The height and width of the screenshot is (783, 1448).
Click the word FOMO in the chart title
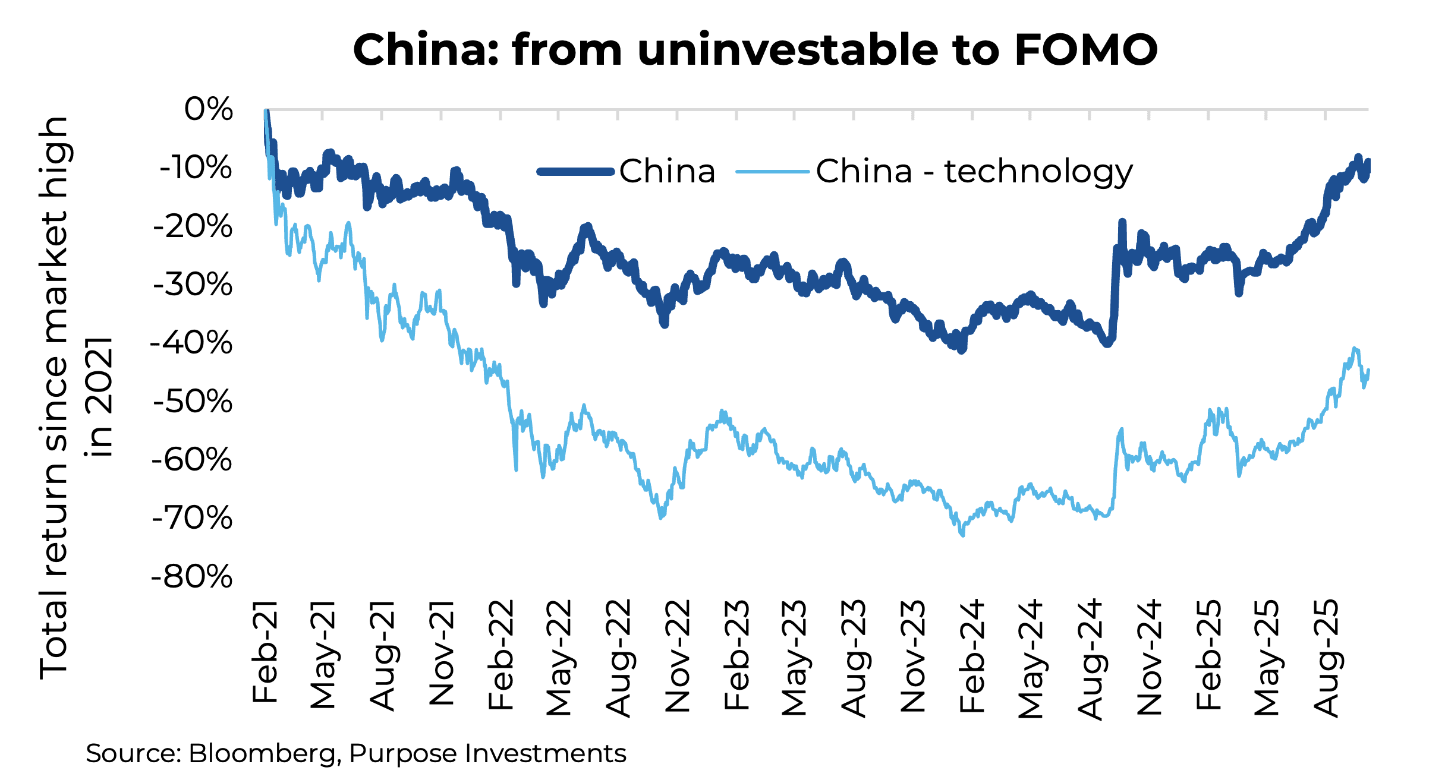coord(1085,50)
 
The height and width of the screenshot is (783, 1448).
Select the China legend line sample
coord(575,172)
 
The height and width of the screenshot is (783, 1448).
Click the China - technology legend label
coord(974,172)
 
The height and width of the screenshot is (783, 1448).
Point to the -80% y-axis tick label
coord(191,577)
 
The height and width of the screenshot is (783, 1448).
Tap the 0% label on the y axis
coord(208,109)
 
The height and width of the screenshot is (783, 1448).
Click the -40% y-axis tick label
coord(191,343)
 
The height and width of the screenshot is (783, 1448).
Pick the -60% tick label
coord(191,460)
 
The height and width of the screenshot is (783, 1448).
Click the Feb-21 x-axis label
coord(265,652)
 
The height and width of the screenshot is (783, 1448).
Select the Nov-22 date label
coord(678,656)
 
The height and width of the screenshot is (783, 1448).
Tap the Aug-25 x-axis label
coord(1326,658)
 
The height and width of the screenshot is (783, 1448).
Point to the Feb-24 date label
coord(972,656)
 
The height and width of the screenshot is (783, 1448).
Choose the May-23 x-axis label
coord(794,658)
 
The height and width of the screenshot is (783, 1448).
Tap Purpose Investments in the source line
coord(487,753)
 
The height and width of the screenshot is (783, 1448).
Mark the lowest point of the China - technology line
coord(962,535)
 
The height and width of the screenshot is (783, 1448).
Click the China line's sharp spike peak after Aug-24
coord(1122,222)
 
